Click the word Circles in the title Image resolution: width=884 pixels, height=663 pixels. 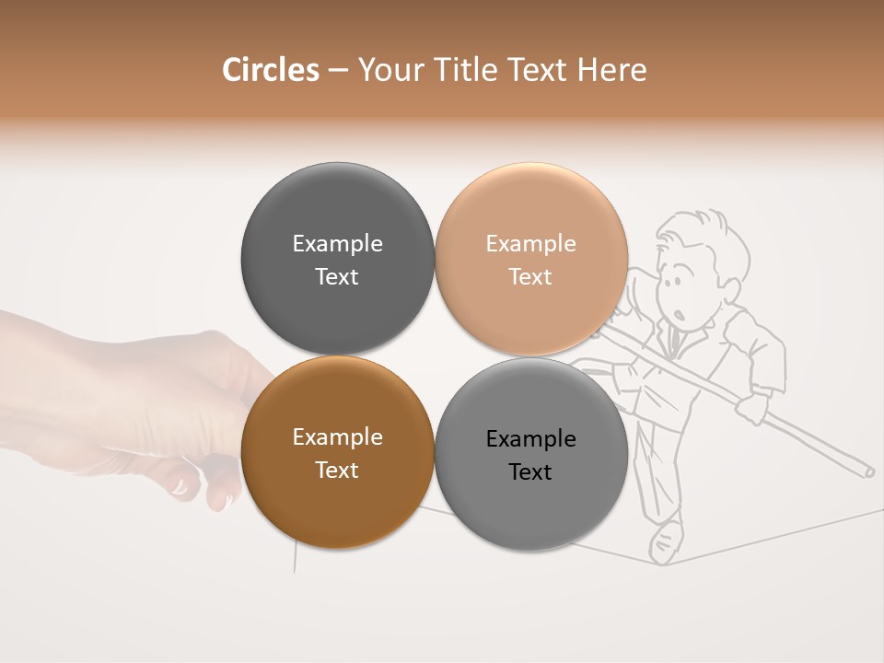tap(270, 70)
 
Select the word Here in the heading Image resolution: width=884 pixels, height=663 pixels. tap(611, 70)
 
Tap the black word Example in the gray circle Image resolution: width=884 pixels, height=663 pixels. tap(530, 439)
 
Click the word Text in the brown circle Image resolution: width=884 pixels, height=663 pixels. tap(337, 470)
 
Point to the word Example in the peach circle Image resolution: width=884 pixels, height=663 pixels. tap(530, 244)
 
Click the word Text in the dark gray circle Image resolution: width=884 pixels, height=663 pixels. tap(337, 276)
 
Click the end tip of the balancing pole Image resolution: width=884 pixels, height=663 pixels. tap(868, 471)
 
